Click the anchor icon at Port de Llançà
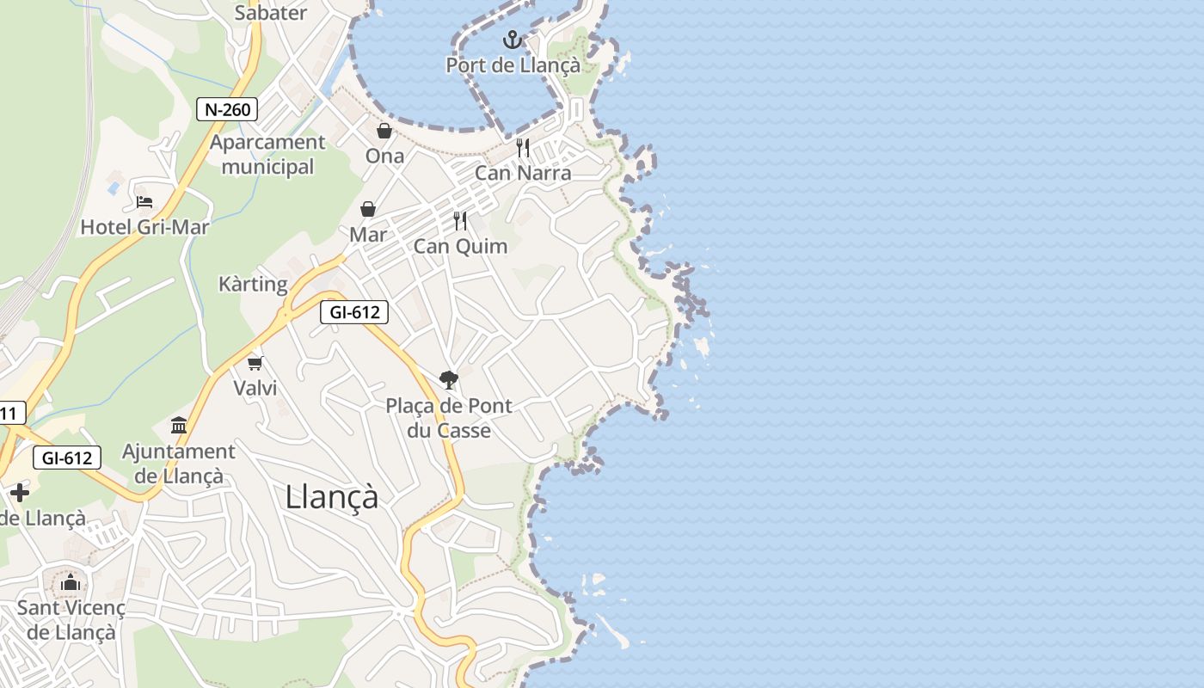click(x=513, y=39)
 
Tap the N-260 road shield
click(x=227, y=109)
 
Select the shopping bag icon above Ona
click(x=384, y=131)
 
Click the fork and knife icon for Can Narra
click(x=523, y=148)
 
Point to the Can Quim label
click(x=461, y=247)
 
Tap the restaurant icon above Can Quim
click(x=461, y=221)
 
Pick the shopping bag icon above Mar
click(x=368, y=209)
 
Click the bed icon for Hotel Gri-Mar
click(x=144, y=202)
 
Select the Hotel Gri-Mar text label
click(x=144, y=227)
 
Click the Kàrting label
click(x=253, y=284)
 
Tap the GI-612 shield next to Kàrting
click(x=354, y=312)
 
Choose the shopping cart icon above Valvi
click(x=255, y=363)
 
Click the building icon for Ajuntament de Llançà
click(x=179, y=425)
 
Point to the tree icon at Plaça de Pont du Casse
click(x=448, y=379)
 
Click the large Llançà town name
click(x=332, y=497)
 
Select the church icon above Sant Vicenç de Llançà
click(x=71, y=583)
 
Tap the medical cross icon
click(x=19, y=493)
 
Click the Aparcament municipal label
click(x=267, y=155)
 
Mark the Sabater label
click(x=271, y=13)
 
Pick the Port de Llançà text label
click(x=513, y=65)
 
